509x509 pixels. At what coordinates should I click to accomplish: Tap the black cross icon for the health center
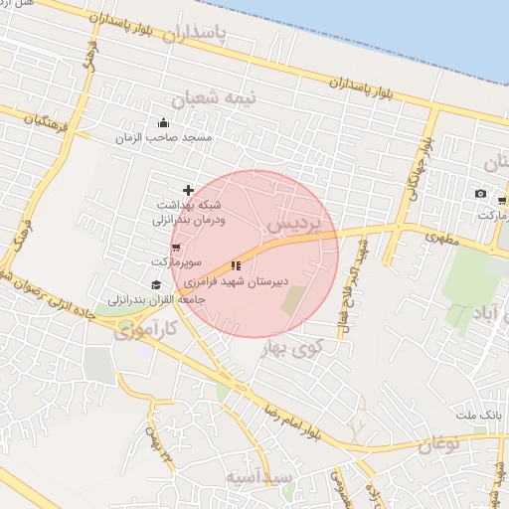coord(188,190)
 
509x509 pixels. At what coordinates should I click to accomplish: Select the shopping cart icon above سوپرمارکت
coord(176,248)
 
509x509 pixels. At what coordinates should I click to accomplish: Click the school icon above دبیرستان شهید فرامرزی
coord(236,265)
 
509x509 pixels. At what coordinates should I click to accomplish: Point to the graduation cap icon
coord(156,285)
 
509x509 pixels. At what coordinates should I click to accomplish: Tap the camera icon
coord(481,193)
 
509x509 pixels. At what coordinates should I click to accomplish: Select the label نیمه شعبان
coord(214,98)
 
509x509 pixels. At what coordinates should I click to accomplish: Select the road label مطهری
coord(442,238)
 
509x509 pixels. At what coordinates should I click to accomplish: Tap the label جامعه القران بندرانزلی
coord(157,299)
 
